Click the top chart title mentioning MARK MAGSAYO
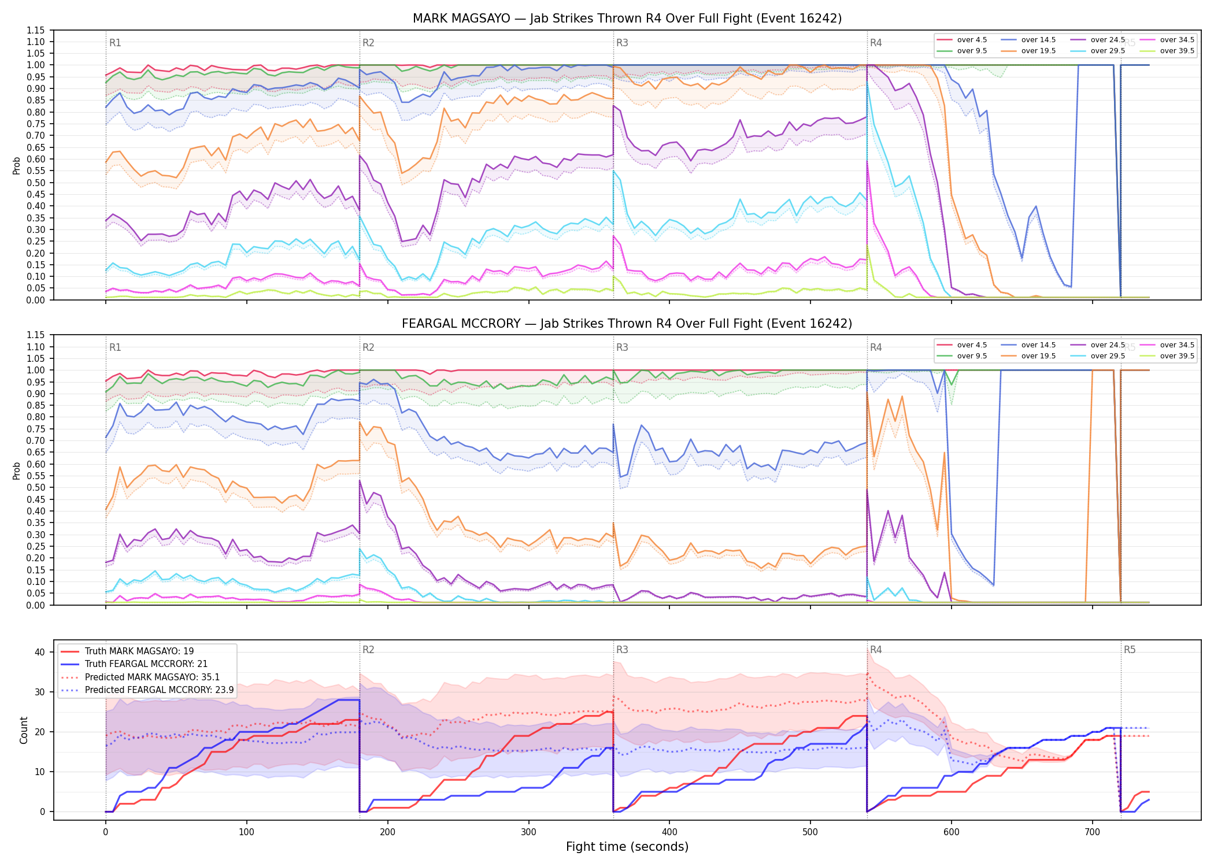point(627,18)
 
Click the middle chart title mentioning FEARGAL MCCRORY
point(627,324)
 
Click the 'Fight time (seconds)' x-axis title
point(627,847)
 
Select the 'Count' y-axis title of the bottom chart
point(24,730)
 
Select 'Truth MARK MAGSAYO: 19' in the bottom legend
point(139,651)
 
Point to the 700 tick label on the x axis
point(1093,832)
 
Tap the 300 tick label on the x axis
point(528,832)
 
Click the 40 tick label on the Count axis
point(40,652)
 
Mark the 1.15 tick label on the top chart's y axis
point(36,30)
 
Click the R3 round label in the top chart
point(622,43)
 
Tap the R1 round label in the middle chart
point(115,347)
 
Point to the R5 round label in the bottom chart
point(1130,650)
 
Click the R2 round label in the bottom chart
point(368,650)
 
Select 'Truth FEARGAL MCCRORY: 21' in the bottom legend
point(146,664)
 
